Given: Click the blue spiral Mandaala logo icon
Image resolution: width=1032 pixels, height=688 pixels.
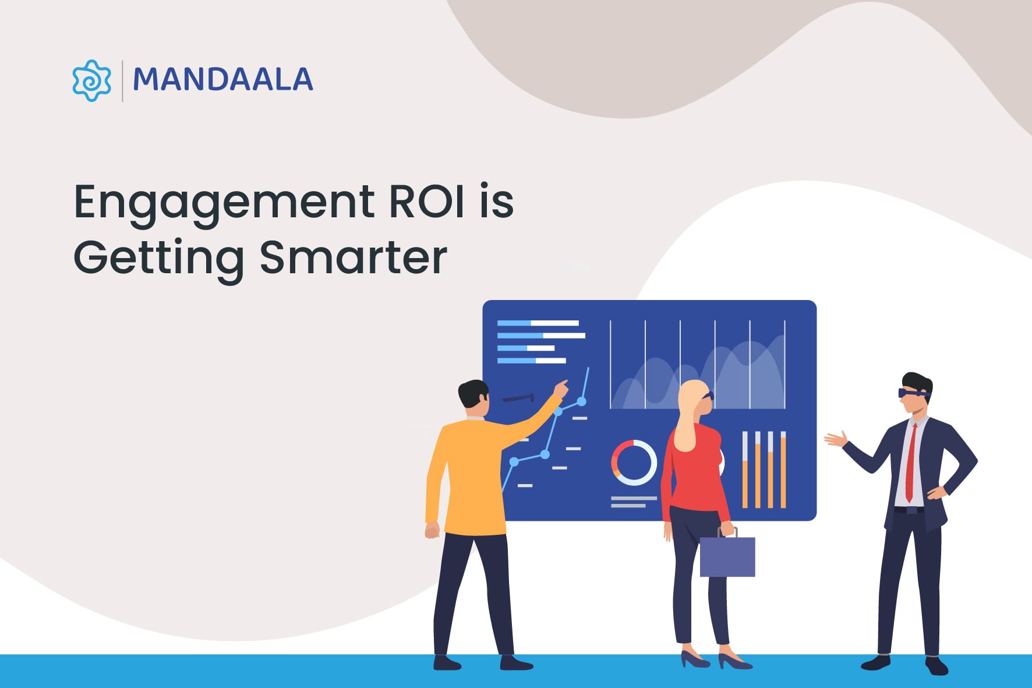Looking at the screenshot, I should point(91,80).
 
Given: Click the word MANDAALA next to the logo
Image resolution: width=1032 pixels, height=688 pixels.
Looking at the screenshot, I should point(222,80).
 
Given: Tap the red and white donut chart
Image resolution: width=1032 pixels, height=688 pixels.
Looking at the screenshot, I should point(633,462).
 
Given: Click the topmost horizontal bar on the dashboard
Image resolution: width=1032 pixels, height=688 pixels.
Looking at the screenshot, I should point(538,323).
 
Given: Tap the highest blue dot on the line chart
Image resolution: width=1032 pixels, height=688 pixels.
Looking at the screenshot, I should point(581,401).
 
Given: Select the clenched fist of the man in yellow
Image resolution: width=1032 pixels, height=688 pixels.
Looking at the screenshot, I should point(432,530).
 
